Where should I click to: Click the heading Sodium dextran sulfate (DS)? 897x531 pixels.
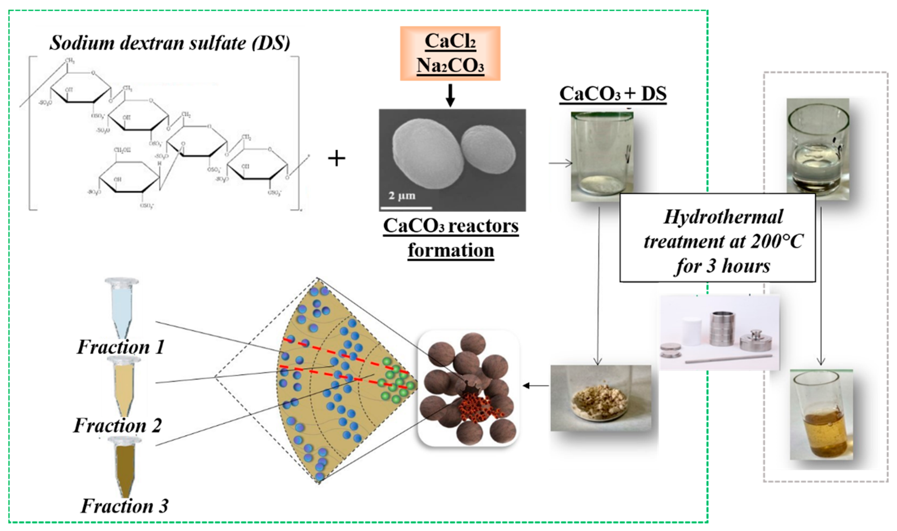(169, 43)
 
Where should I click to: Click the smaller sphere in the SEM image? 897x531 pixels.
(488, 151)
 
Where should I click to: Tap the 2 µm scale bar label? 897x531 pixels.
(402, 196)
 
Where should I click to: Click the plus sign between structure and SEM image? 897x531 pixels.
(336, 158)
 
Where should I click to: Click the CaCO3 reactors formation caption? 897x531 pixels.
(451, 238)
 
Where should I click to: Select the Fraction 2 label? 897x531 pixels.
(117, 425)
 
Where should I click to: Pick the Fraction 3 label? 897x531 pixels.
(124, 506)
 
